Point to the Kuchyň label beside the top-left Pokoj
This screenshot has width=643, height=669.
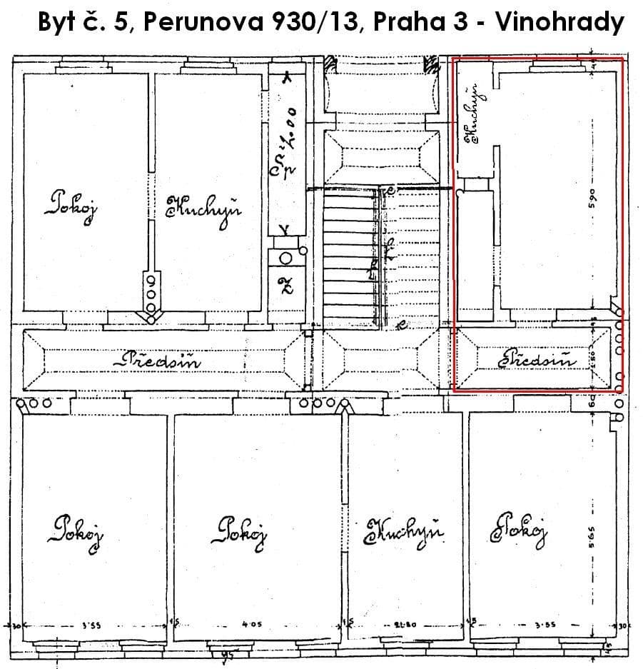click(203, 208)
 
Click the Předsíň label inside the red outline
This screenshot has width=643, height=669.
click(537, 360)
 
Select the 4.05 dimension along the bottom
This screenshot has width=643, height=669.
click(252, 624)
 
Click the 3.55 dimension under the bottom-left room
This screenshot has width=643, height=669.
click(91, 625)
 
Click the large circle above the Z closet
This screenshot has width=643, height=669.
click(285, 259)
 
